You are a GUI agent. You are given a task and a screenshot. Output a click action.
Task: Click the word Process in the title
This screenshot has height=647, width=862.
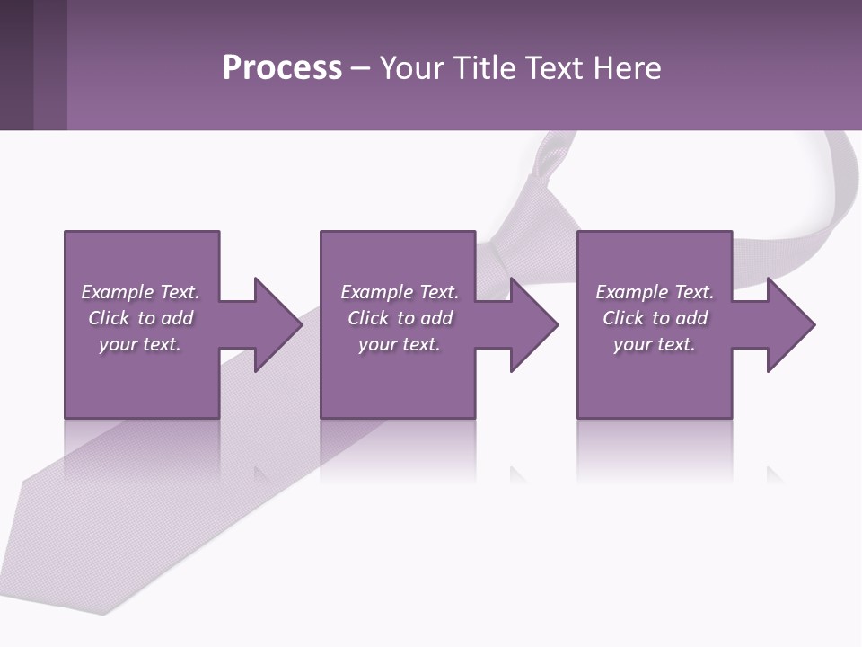click(282, 68)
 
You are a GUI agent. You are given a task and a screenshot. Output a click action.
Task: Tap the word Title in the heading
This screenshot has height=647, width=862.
click(486, 68)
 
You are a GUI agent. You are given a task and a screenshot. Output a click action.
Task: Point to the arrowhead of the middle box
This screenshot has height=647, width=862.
click(533, 324)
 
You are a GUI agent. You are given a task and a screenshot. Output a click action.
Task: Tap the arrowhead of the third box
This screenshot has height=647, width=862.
click(790, 324)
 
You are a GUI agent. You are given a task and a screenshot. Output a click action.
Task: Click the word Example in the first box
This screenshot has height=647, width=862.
click(118, 292)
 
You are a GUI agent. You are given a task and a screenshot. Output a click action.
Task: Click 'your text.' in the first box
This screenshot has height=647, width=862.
click(140, 344)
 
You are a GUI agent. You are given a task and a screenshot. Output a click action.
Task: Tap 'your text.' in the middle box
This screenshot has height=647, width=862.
click(400, 344)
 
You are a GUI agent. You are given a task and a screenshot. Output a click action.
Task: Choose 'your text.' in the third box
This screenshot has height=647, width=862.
click(655, 344)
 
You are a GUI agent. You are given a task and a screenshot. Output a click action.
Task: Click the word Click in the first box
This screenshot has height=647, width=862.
click(109, 318)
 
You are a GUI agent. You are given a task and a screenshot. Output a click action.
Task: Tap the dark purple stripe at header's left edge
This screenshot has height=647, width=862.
click(16, 65)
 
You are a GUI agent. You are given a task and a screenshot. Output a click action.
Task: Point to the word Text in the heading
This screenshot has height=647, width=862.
click(553, 68)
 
